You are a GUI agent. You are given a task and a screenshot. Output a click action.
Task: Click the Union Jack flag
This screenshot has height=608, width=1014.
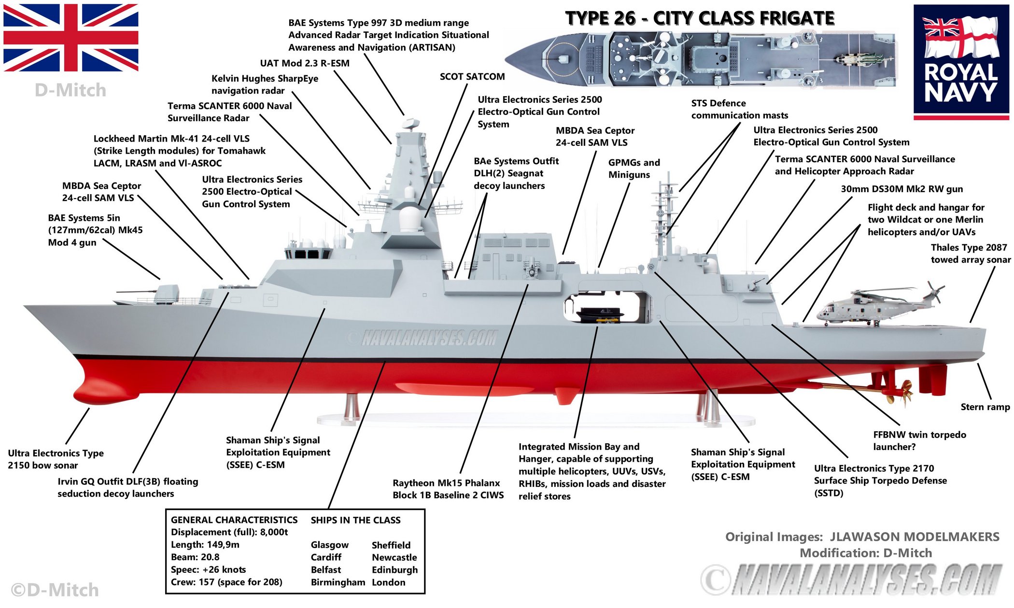[70, 38]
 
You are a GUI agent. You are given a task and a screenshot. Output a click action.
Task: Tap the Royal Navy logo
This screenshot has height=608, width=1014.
[961, 62]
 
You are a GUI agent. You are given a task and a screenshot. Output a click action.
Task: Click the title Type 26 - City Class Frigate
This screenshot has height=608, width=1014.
[700, 18]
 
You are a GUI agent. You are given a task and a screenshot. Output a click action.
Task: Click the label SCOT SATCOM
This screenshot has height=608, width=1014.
[472, 76]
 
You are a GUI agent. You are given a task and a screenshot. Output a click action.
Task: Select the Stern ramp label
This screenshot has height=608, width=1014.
[985, 407]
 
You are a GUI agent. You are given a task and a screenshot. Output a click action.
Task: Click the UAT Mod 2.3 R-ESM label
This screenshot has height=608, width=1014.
[304, 63]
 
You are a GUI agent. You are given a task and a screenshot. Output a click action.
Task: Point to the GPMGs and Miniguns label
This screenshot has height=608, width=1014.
[634, 169]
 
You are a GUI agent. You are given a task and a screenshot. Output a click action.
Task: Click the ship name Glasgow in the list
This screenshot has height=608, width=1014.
[329, 545]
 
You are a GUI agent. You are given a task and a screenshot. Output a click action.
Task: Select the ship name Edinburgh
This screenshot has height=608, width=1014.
[394, 570]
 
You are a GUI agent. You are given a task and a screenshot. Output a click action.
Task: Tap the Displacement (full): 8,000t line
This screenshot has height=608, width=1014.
[229, 532]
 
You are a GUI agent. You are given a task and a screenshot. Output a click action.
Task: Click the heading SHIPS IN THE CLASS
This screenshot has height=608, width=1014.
[355, 520]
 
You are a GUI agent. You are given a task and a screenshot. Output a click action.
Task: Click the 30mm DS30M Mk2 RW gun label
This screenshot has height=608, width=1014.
[901, 189]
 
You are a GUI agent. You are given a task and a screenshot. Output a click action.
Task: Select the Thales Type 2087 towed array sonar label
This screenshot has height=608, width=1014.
[970, 254]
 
